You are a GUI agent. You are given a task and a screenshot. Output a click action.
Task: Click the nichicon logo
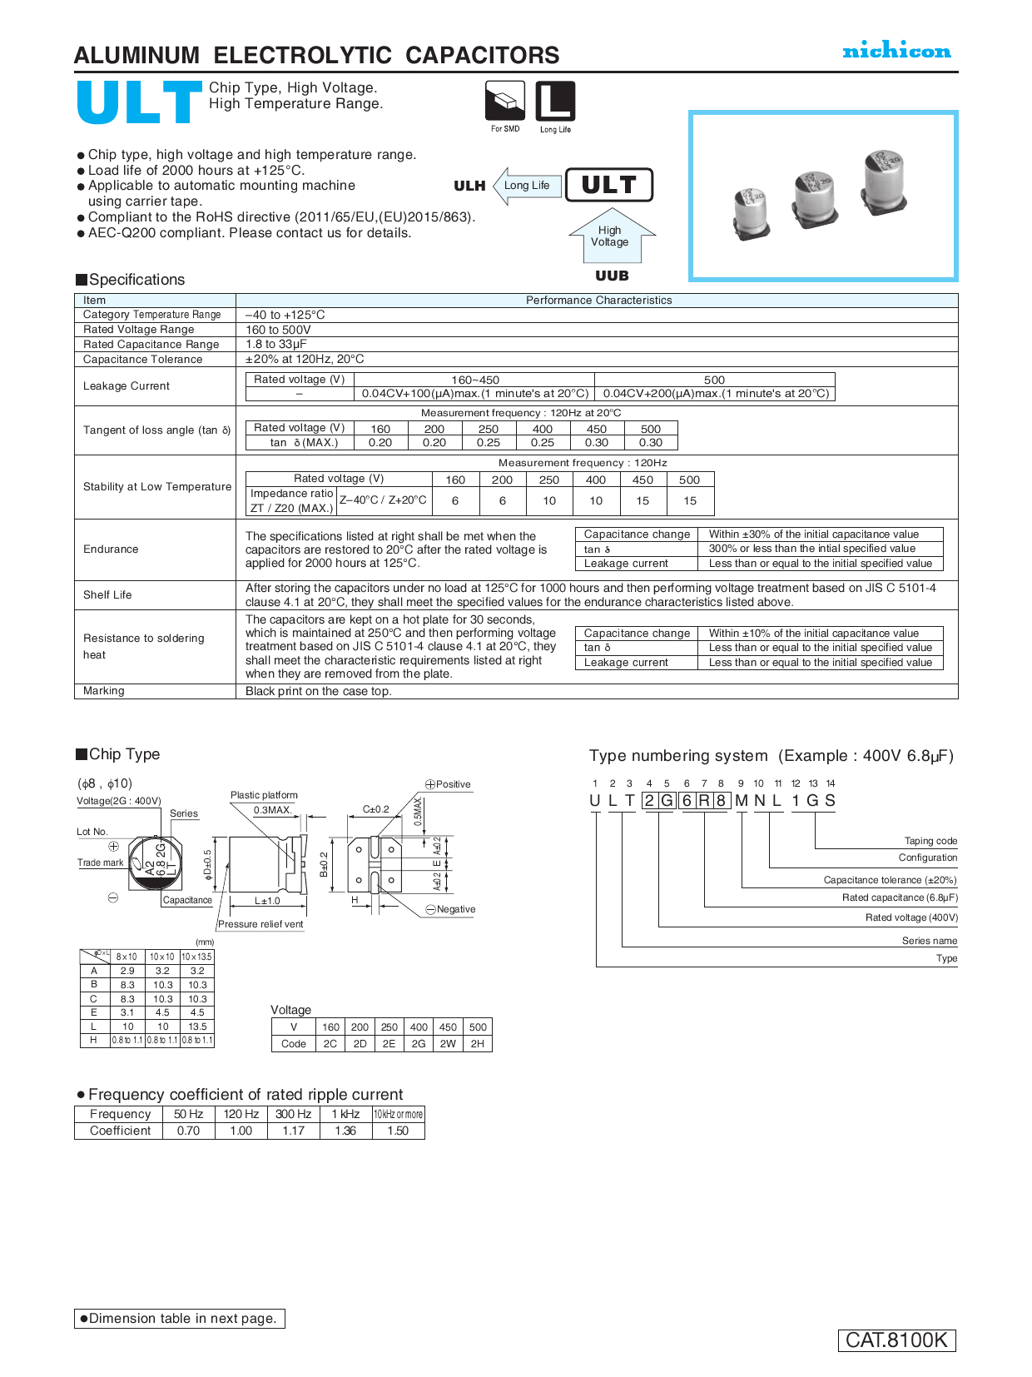coord(896,51)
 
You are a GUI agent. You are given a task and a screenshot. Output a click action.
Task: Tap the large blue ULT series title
coord(139,103)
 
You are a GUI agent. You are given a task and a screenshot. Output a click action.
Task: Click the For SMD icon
coord(505,102)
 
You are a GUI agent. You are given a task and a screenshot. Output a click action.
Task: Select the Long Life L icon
coord(555,102)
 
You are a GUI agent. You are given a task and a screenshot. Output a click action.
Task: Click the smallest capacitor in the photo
coord(751,213)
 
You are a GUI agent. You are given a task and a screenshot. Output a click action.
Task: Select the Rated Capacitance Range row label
coord(151,345)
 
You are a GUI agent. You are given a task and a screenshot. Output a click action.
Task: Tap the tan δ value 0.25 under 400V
coord(543,443)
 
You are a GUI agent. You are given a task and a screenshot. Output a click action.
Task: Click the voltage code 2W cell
coord(448,1044)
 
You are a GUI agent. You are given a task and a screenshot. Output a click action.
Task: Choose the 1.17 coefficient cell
coord(294,1131)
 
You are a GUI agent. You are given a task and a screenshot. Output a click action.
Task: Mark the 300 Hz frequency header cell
coord(294,1115)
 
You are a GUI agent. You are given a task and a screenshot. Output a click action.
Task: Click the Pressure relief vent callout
coord(260,924)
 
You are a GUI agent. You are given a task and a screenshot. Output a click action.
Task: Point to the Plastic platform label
coord(264,796)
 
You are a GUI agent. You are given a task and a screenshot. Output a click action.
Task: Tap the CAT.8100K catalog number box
coord(896,1340)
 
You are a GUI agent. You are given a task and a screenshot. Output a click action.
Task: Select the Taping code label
coord(930,841)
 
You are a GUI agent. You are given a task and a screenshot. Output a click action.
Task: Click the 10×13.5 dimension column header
coord(197,957)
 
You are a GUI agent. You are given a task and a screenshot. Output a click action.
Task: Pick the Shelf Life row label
coord(107,595)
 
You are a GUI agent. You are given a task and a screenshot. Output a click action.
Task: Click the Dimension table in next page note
coord(180,1319)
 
